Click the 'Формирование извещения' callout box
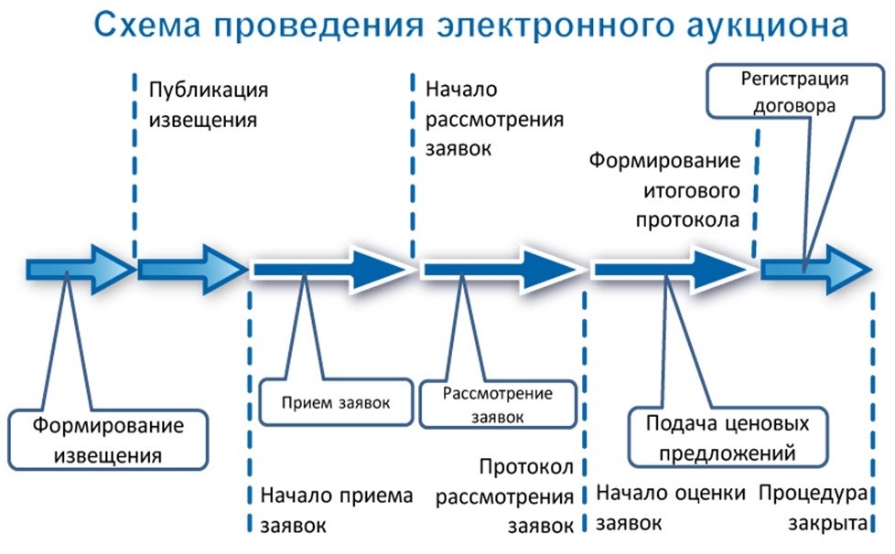point(108,440)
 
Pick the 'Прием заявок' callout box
point(335,403)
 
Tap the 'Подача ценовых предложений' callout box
point(728,438)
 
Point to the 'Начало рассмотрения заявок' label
point(494,119)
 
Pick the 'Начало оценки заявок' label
point(665,509)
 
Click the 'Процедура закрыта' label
point(814,509)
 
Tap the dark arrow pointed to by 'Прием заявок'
point(330,269)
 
